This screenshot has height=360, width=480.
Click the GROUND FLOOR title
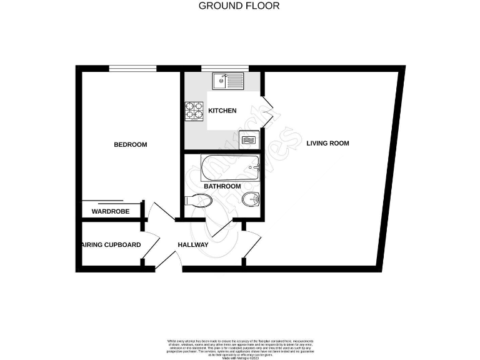(x=239, y=6)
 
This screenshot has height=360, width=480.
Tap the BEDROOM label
(x=130, y=144)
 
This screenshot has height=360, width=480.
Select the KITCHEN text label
(x=222, y=111)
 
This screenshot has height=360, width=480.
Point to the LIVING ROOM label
(x=327, y=143)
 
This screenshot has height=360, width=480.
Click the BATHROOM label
(x=222, y=186)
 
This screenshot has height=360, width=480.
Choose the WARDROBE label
(x=111, y=212)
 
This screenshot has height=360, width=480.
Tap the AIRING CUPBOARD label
(x=110, y=244)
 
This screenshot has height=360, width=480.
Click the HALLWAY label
(x=192, y=244)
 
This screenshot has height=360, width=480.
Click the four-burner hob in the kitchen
(x=193, y=111)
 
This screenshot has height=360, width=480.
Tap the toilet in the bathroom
(x=199, y=201)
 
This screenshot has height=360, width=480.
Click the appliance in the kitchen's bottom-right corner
(x=249, y=139)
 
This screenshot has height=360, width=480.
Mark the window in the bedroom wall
(x=132, y=67)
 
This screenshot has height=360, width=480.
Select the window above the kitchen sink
(x=225, y=67)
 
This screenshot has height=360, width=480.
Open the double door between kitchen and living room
(x=267, y=111)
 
